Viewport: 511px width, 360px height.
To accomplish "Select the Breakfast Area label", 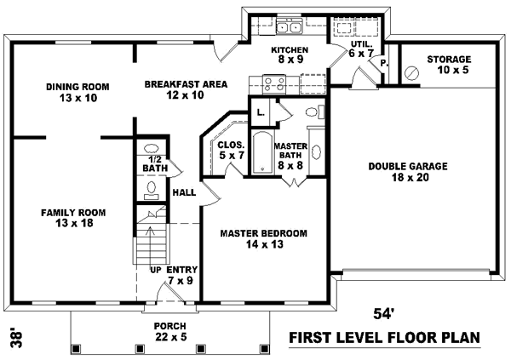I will [173, 89].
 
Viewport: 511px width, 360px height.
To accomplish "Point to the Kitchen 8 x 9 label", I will [288, 54].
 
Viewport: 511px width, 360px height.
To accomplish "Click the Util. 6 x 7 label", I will [361, 48].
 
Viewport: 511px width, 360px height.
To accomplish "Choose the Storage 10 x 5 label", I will [449, 64].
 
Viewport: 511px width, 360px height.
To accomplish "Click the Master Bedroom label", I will [263, 237].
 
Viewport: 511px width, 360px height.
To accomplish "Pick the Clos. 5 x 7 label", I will [231, 150].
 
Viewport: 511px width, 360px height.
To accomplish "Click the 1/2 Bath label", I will [154, 163].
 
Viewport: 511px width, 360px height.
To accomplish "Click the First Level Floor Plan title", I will [384, 338].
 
